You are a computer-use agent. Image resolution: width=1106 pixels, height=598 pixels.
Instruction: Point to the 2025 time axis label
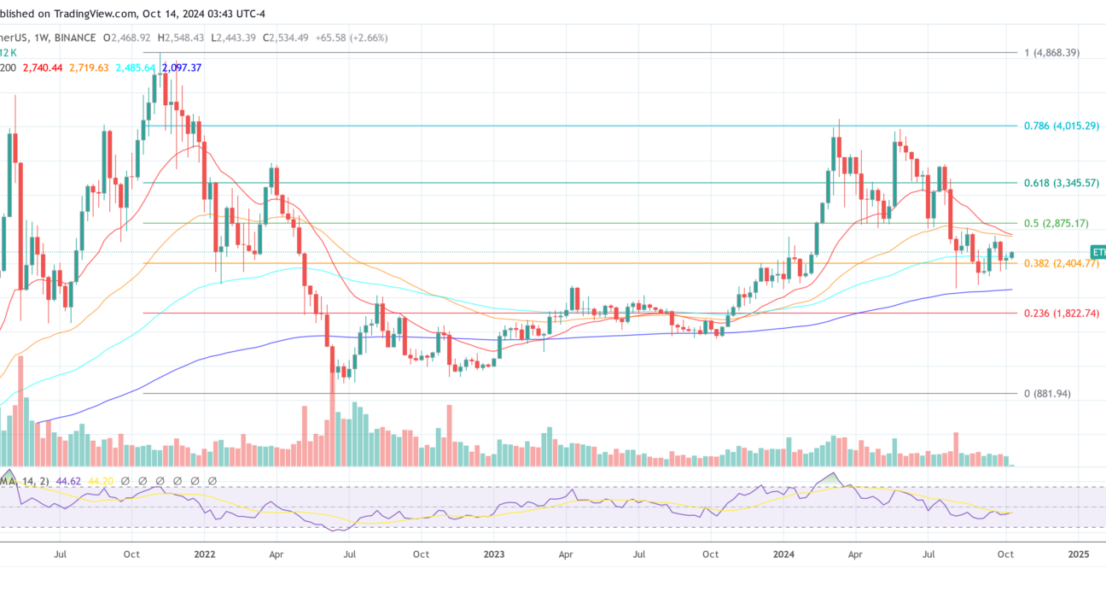[x=1079, y=554]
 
